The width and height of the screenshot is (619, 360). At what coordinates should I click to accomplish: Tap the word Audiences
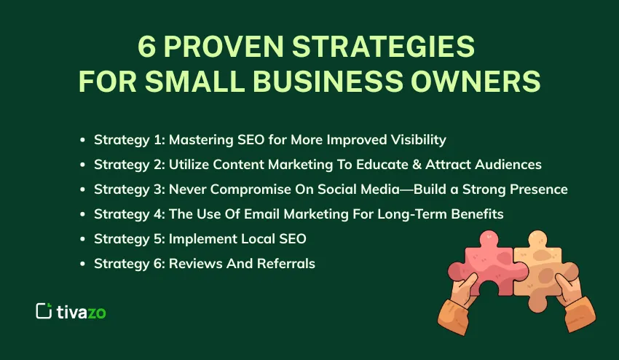coord(507,165)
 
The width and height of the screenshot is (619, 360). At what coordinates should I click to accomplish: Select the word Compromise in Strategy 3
coord(245,189)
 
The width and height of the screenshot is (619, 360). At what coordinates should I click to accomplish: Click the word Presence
coord(539,189)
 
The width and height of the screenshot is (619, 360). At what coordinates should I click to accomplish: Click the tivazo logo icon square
coord(44,310)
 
